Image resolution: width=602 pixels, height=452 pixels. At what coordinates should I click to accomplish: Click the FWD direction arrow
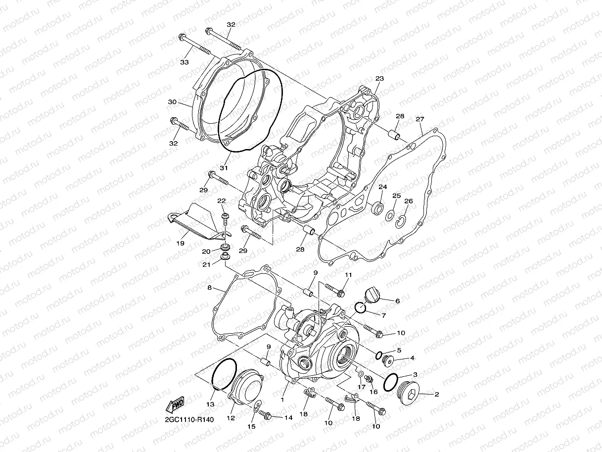click(176, 405)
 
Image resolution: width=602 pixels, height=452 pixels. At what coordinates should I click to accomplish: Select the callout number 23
click(379, 79)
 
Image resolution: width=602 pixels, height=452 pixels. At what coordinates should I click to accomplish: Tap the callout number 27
click(420, 119)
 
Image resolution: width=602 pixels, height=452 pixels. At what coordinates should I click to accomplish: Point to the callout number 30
click(172, 102)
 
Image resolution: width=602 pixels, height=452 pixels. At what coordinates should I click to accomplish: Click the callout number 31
click(224, 168)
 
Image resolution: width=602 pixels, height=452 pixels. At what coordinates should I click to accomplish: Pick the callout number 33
click(185, 62)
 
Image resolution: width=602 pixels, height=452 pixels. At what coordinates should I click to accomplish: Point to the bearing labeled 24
click(377, 207)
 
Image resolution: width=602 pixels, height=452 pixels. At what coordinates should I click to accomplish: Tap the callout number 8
click(209, 288)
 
